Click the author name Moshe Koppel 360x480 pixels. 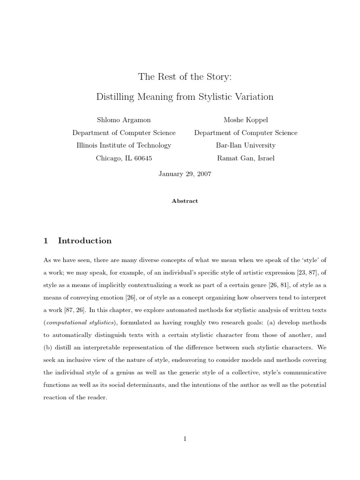(x=246, y=120)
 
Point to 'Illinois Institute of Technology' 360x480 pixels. (x=124, y=145)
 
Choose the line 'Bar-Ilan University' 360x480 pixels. (x=246, y=145)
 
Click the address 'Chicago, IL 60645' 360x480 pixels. (x=124, y=158)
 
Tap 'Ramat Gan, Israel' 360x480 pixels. (x=246, y=158)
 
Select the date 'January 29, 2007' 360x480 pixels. (x=185, y=173)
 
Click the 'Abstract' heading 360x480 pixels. (x=185, y=201)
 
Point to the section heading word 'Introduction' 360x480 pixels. (x=85, y=241)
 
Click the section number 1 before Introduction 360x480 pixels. (x=45, y=241)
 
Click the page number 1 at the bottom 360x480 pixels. (x=185, y=439)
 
